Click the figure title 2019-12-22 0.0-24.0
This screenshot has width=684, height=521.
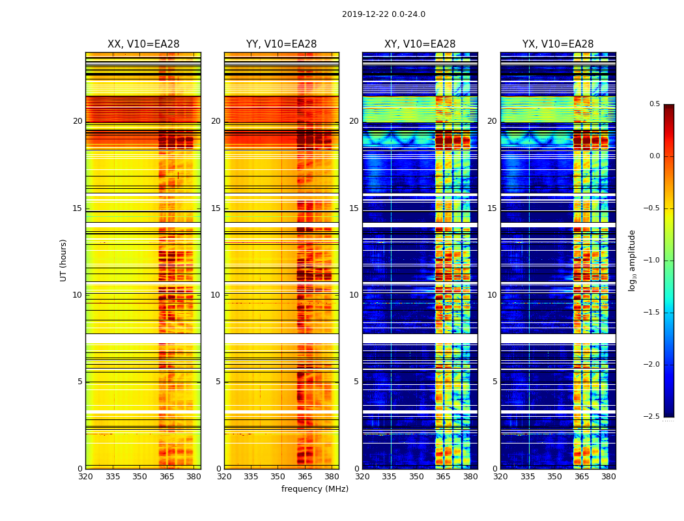(383, 14)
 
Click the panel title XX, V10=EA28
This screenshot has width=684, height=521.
(143, 44)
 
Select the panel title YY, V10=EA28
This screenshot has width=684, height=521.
(281, 44)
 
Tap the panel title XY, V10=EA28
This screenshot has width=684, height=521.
(420, 44)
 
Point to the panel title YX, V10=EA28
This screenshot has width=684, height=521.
(558, 44)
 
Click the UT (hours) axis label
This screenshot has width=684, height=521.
(64, 260)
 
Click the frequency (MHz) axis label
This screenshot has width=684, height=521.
(315, 489)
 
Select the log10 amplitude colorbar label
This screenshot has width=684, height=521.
(632, 260)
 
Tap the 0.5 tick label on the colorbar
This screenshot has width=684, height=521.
(654, 104)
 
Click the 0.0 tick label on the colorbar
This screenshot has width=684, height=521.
(654, 156)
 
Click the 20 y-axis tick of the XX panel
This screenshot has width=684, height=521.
(78, 121)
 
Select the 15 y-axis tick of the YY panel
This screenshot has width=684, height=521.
(216, 208)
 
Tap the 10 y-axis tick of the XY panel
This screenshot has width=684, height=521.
(354, 295)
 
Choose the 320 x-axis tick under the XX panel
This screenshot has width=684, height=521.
(85, 477)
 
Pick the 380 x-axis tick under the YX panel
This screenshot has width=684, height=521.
(608, 477)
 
